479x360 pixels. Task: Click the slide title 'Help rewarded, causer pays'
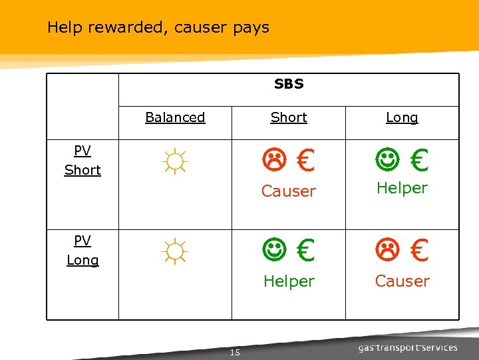(158, 27)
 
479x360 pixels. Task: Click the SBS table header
(289, 84)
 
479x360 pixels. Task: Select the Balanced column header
(175, 117)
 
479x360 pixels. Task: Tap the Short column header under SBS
(289, 117)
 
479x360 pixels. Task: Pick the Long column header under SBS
(402, 117)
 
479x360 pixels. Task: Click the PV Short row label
(82, 161)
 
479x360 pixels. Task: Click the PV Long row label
(82, 251)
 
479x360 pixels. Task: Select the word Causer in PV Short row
(289, 191)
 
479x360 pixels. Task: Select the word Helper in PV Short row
(402, 188)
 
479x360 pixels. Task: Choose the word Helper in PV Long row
(289, 281)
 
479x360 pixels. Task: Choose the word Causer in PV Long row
(402, 281)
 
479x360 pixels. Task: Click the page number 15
(234, 352)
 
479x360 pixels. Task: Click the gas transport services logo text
(408, 347)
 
